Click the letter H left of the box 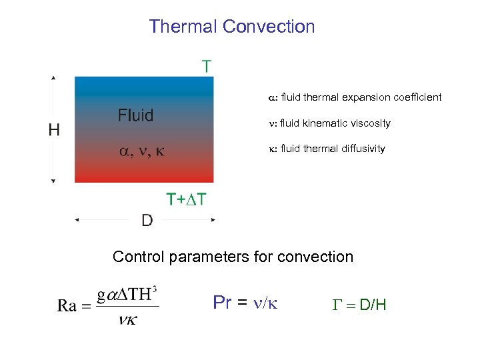point(55,130)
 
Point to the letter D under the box point(147,220)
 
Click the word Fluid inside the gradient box point(135,115)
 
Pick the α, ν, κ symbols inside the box point(141,151)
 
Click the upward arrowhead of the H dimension point(54,77)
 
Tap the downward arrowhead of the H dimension point(54,181)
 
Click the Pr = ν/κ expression point(245,303)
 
